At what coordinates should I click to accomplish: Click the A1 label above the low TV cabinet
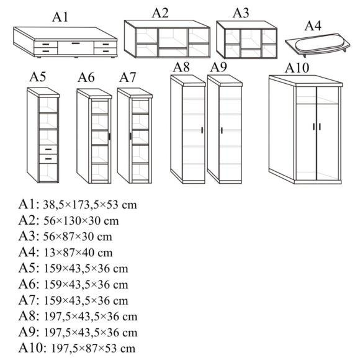[60, 17]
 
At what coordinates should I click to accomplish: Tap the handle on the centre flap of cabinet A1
[76, 43]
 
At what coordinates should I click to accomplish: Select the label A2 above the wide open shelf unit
[160, 13]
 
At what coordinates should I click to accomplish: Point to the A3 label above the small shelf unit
[241, 13]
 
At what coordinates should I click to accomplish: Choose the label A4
[313, 25]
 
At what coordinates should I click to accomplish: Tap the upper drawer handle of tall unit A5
[48, 150]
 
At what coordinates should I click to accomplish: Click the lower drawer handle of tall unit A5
[48, 159]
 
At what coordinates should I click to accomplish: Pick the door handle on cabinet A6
[109, 137]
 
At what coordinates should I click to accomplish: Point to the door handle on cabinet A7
[130, 136]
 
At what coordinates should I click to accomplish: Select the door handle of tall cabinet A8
[202, 130]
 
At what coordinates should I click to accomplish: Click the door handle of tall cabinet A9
[222, 130]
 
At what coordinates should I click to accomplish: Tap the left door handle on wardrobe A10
[314, 127]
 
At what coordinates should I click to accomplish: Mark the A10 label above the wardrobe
[297, 68]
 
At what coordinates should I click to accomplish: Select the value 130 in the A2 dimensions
[71, 221]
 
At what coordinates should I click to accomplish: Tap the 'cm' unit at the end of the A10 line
[128, 349]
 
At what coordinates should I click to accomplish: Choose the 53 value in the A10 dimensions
[111, 349]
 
